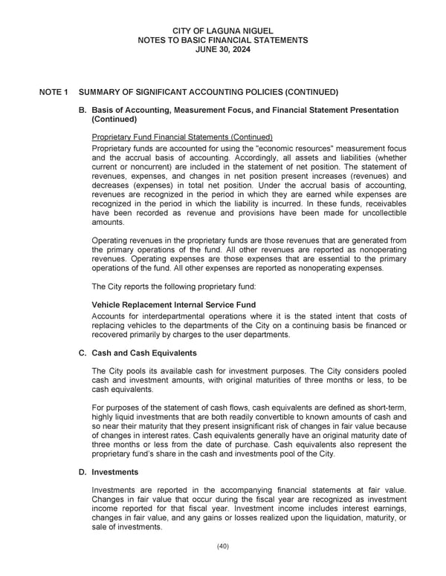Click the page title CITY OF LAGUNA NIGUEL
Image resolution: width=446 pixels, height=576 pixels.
222,30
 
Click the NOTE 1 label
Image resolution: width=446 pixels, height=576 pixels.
54,92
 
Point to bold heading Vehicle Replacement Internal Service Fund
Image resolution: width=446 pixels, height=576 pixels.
173,304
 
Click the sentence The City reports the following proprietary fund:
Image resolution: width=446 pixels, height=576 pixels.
175,286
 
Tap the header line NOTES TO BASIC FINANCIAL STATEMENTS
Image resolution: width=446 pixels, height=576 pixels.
222,39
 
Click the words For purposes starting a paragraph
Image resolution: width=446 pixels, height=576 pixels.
114,408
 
